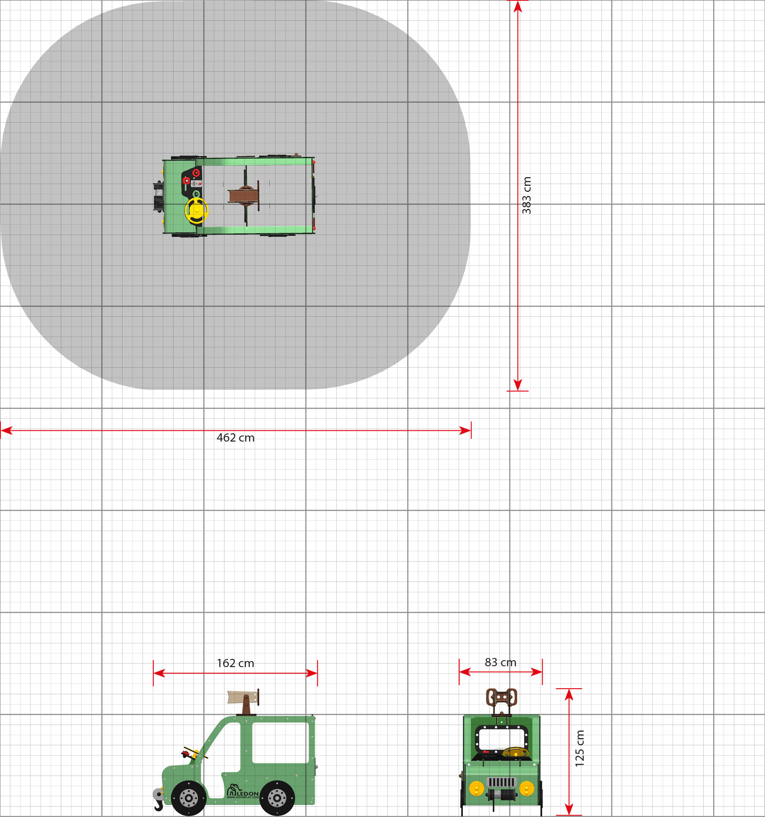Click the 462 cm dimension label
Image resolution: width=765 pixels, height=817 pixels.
pyautogui.click(x=235, y=438)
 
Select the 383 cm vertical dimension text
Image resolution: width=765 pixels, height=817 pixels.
pyautogui.click(x=527, y=195)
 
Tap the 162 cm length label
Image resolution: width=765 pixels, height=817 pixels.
pyautogui.click(x=235, y=663)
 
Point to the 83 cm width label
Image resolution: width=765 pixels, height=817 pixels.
pyautogui.click(x=500, y=662)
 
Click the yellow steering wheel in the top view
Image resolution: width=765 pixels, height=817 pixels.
pyautogui.click(x=196, y=210)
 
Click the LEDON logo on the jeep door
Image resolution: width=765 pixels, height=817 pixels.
pyautogui.click(x=243, y=792)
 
